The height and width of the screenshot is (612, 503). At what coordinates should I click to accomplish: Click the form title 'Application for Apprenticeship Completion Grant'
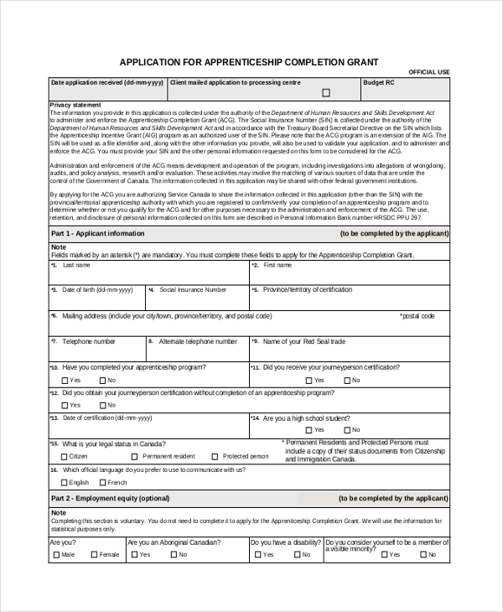249,62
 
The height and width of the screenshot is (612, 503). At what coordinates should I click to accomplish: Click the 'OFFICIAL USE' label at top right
428,73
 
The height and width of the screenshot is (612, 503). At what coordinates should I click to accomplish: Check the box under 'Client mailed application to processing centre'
326,93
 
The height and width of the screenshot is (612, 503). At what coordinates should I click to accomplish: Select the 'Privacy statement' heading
75,105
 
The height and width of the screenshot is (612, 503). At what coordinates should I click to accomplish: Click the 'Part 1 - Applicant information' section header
98,234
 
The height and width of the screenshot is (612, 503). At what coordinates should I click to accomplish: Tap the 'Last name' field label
76,265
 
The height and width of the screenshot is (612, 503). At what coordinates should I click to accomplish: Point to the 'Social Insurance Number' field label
193,289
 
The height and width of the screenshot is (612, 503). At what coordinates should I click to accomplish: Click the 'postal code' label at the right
418,316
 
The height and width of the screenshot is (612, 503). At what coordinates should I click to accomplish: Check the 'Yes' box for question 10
65,380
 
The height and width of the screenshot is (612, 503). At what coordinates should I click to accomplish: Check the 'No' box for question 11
346,380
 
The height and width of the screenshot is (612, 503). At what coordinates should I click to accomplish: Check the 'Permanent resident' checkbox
133,457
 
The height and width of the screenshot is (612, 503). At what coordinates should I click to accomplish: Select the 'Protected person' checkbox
215,457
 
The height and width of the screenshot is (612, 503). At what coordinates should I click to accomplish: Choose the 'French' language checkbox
101,483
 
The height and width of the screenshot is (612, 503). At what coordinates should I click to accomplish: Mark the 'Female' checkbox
93,555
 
